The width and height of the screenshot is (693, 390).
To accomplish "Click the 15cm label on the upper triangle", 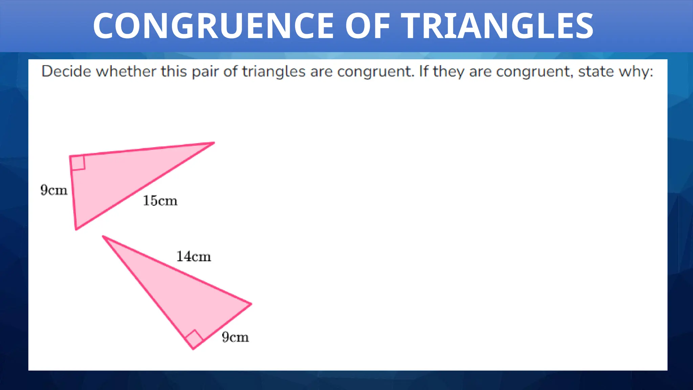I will (x=160, y=201).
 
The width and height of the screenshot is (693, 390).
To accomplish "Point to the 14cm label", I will (x=194, y=257).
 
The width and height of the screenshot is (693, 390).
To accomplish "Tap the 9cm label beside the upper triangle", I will (x=54, y=190).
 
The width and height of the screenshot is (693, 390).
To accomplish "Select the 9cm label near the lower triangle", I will (x=235, y=337).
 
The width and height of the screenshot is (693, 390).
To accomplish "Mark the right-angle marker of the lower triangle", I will (x=194, y=339).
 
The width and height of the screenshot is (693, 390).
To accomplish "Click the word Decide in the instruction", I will (x=66, y=72).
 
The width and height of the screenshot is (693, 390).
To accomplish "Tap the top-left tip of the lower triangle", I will (x=104, y=237).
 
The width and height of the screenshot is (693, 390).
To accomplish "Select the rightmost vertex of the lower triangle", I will (x=250, y=304).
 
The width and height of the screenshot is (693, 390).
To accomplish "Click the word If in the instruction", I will (x=424, y=72).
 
